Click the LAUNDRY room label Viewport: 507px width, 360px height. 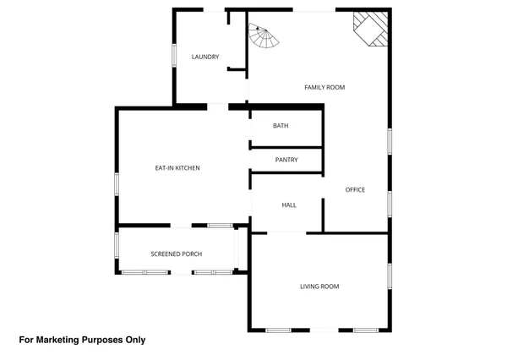tap(205, 57)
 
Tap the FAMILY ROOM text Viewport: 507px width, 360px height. tap(324, 88)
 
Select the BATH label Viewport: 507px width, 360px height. tap(281, 126)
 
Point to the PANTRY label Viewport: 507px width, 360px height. tap(286, 160)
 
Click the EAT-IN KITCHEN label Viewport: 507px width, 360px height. tap(177, 169)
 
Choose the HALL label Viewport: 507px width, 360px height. tap(288, 205)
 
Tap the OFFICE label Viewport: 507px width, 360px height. tap(355, 190)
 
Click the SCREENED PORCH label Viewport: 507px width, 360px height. tap(176, 254)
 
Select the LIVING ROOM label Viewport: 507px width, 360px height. tap(319, 286)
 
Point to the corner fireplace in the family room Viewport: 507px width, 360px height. tap(372, 27)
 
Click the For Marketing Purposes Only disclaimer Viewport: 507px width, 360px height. tap(82, 340)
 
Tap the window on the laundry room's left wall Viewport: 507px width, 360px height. tap(174, 52)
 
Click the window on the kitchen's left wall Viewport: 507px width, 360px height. tap(117, 183)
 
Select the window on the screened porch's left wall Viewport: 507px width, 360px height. tap(117, 250)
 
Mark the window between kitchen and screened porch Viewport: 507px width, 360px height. tap(221, 226)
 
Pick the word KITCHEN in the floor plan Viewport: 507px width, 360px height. tap(186, 169)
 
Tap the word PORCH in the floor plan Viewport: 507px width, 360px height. tap(191, 254)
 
